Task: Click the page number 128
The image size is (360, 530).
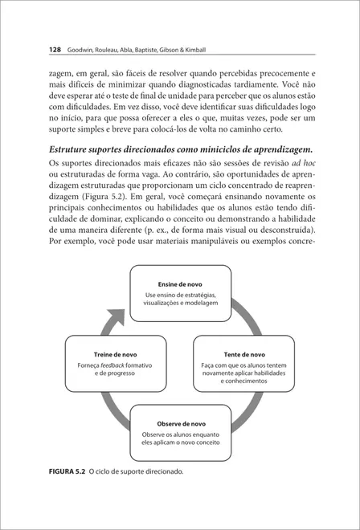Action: tap(33, 49)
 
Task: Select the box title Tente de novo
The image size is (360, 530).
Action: tap(244, 353)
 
